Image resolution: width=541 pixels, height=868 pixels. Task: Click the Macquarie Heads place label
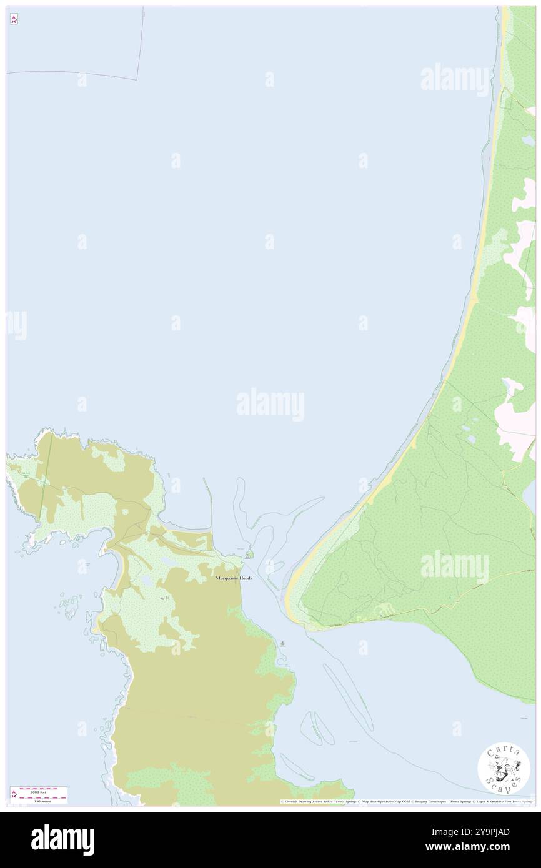[x=234, y=579]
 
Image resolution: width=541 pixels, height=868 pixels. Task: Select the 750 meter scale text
[x=42, y=800]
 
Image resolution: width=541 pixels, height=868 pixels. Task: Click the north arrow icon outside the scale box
[x=14, y=20]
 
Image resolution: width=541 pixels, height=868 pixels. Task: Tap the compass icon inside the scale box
[x=14, y=794]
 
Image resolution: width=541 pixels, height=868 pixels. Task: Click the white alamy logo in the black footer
[x=62, y=839]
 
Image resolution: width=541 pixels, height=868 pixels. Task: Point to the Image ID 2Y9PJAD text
[x=488, y=831]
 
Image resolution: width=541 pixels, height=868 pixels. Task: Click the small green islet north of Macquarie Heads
[x=249, y=553]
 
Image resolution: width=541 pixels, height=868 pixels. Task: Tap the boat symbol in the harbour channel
[x=284, y=643]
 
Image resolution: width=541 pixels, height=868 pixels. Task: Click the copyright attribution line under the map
[x=406, y=801]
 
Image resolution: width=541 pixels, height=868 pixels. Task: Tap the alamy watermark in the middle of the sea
[x=270, y=404]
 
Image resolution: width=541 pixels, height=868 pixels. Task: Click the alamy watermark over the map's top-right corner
[x=454, y=79]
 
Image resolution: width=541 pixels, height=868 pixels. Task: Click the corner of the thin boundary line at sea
[x=138, y=79]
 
